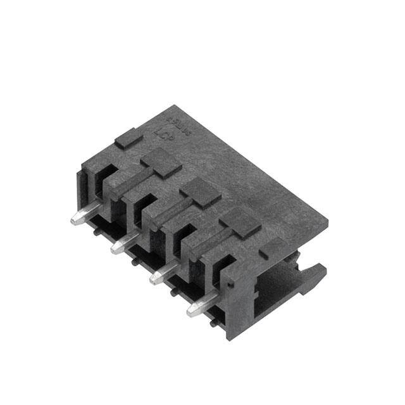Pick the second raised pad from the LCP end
click(x=161, y=163)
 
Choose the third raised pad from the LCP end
click(x=201, y=192)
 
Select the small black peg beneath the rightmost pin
click(x=213, y=324)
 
